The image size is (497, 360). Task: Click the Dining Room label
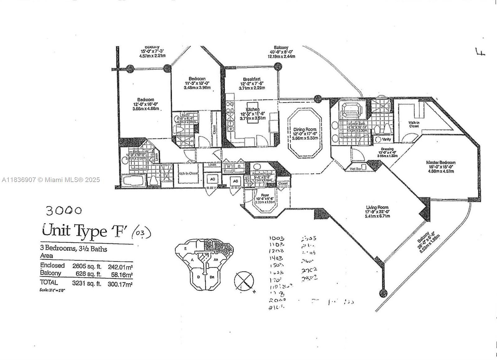pyautogui.click(x=305, y=129)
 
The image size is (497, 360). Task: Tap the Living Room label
pyautogui.click(x=377, y=207)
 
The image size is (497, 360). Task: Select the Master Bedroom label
pyautogui.click(x=440, y=162)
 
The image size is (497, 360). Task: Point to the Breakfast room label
pyautogui.click(x=252, y=79)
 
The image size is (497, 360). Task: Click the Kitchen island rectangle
pyautogui.click(x=253, y=112)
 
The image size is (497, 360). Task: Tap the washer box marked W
pyautogui.click(x=229, y=166)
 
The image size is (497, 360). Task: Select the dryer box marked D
pyautogui.click(x=239, y=166)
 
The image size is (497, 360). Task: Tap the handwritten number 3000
pyautogui.click(x=64, y=211)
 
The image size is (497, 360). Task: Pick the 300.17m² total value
pyautogui.click(x=120, y=284)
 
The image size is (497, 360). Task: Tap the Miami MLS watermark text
pyautogui.click(x=51, y=180)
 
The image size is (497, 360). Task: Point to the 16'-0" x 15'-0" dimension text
pyautogui.click(x=440, y=167)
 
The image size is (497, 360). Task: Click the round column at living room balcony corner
pyautogui.click(x=384, y=293)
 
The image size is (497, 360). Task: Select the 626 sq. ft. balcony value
pyautogui.click(x=89, y=274)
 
